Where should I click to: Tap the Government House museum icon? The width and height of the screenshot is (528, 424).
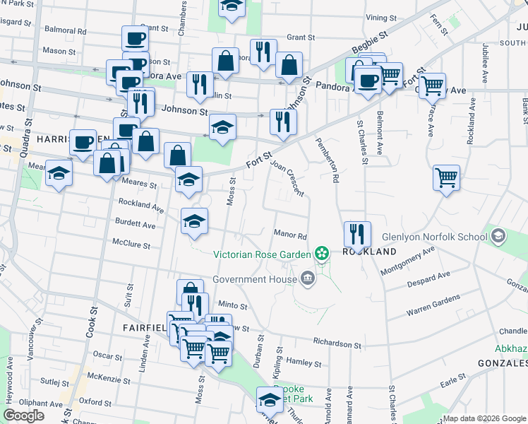pos(307,278)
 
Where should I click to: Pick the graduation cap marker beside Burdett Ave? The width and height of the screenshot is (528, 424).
pos(195,221)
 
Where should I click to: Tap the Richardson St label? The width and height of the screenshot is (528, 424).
pos(337,344)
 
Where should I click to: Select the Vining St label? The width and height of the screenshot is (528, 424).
pos(380,16)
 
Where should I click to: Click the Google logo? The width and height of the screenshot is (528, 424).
pos(23,416)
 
